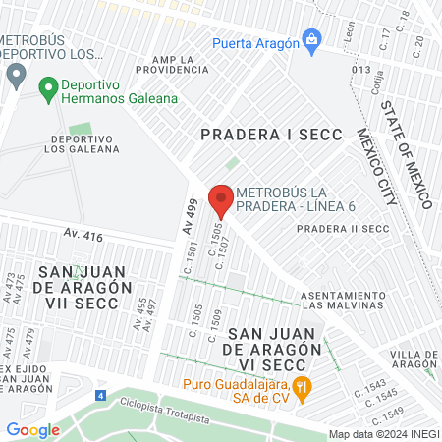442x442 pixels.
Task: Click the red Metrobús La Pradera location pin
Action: [220, 199]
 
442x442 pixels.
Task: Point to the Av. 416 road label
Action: [83, 235]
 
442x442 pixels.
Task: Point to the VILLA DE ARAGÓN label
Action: [414, 359]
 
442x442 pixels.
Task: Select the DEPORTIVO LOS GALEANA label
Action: [82, 143]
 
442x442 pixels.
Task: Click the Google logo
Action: [33, 429]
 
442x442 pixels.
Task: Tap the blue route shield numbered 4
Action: [100, 395]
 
